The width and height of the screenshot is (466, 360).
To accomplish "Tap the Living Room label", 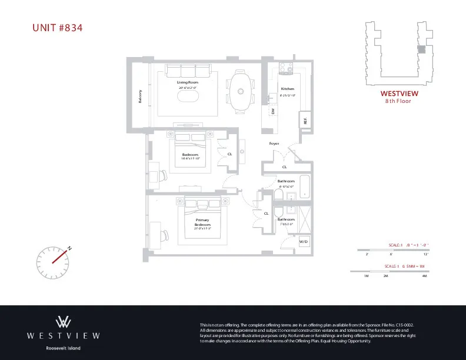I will pyautogui.click(x=188, y=82).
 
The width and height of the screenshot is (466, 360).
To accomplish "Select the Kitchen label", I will pyautogui.click(x=287, y=89).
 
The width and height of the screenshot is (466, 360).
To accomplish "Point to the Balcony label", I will pyautogui.click(x=140, y=96).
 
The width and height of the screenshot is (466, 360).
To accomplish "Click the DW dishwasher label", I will pyautogui.click(x=273, y=111).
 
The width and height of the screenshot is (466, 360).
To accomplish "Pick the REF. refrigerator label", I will pyautogui.click(x=305, y=119).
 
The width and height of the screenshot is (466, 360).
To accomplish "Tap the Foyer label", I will pyautogui.click(x=274, y=144).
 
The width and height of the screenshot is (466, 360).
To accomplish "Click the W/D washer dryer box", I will pyautogui.click(x=304, y=241).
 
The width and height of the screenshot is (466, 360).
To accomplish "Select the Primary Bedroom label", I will pyautogui.click(x=202, y=222).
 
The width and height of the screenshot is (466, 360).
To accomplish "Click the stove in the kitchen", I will pyautogui.click(x=286, y=69).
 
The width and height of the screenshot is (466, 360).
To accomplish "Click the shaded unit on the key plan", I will pyautogui.click(x=421, y=51).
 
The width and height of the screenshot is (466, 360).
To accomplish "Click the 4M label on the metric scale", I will pyautogui.click(x=424, y=275).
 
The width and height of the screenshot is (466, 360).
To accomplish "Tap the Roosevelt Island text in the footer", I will pyautogui.click(x=64, y=348).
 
